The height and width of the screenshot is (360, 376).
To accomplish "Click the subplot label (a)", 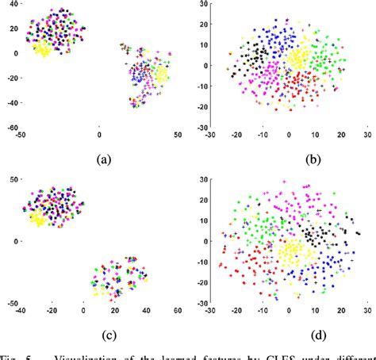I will click(x=102, y=159).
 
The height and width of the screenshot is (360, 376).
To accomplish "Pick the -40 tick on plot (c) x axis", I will click(x=21, y=312).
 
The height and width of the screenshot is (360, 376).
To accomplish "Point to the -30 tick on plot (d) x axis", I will click(x=209, y=312).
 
